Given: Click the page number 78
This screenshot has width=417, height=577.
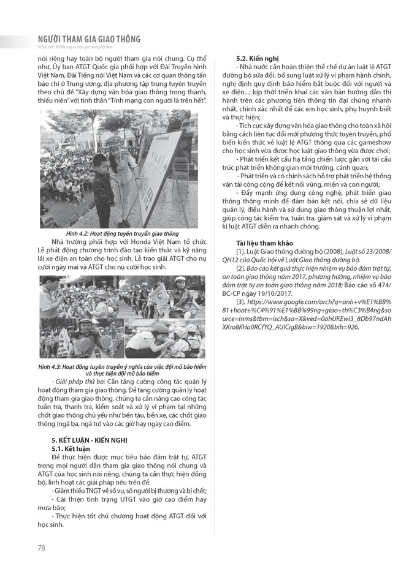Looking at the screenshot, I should [x=41, y=548].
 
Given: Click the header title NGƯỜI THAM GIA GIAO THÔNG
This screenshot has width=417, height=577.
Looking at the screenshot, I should [x=90, y=39].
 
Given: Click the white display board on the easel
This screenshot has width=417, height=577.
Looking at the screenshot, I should [x=161, y=172].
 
